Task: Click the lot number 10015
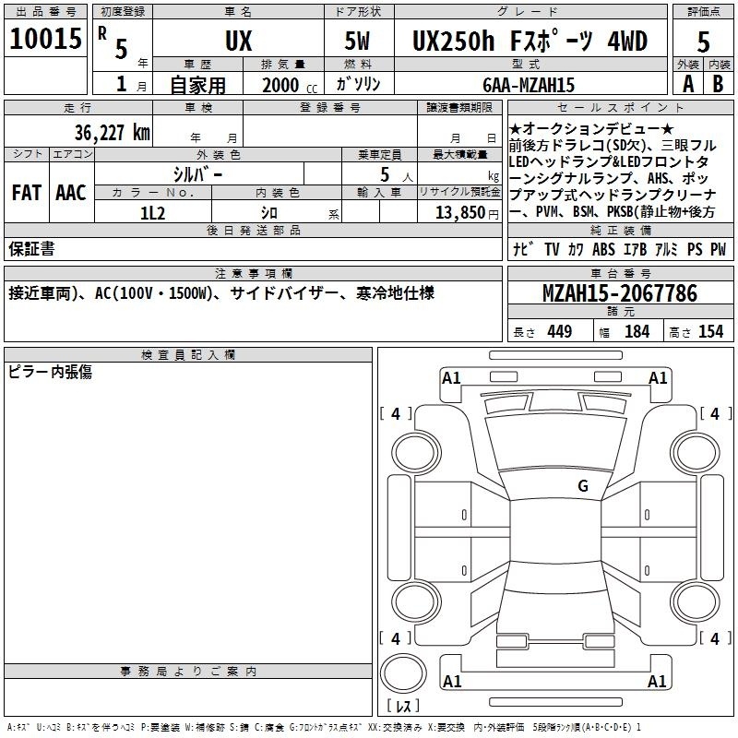(x=45, y=39)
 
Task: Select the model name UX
(x=239, y=41)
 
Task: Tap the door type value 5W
(x=357, y=41)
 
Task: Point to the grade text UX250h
(x=453, y=41)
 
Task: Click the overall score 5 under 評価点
(x=703, y=42)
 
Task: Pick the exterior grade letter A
(x=688, y=84)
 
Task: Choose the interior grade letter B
(x=718, y=84)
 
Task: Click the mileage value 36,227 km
(x=113, y=133)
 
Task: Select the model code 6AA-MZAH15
(x=529, y=85)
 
